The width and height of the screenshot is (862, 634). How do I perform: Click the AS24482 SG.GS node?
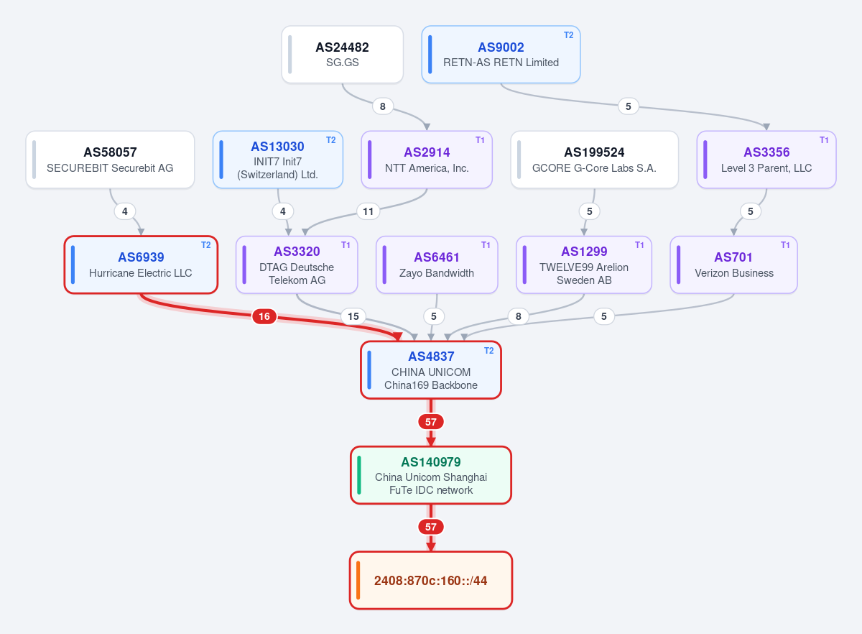point(342,55)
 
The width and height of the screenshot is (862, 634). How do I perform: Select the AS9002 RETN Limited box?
point(501,55)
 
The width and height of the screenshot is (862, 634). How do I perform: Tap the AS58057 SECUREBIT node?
point(110,160)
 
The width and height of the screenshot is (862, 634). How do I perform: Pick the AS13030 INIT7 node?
point(277,160)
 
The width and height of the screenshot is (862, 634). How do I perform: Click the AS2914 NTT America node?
point(427,160)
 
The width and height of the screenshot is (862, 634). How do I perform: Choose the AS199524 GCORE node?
point(594,160)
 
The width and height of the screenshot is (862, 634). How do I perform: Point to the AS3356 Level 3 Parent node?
point(766,160)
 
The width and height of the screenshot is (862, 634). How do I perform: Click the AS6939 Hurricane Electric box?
point(141,265)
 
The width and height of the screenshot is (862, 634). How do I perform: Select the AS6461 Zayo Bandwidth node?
point(437,265)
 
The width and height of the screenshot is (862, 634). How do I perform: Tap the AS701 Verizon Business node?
point(733,265)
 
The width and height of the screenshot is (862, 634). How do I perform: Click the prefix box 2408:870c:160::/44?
point(430,580)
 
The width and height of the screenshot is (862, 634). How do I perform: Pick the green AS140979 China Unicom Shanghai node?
point(430,475)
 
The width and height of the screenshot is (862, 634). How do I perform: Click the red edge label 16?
point(264,316)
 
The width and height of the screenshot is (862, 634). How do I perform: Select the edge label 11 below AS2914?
point(369,211)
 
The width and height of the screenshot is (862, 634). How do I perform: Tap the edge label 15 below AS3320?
point(353,316)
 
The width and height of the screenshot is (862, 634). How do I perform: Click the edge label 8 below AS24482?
point(382,106)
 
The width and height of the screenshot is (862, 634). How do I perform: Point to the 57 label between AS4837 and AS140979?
point(430,422)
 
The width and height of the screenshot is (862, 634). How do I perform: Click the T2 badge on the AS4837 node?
point(488,351)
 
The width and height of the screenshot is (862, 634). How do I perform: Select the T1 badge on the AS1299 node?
point(639,245)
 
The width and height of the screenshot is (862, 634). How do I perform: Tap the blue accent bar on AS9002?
point(430,55)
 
